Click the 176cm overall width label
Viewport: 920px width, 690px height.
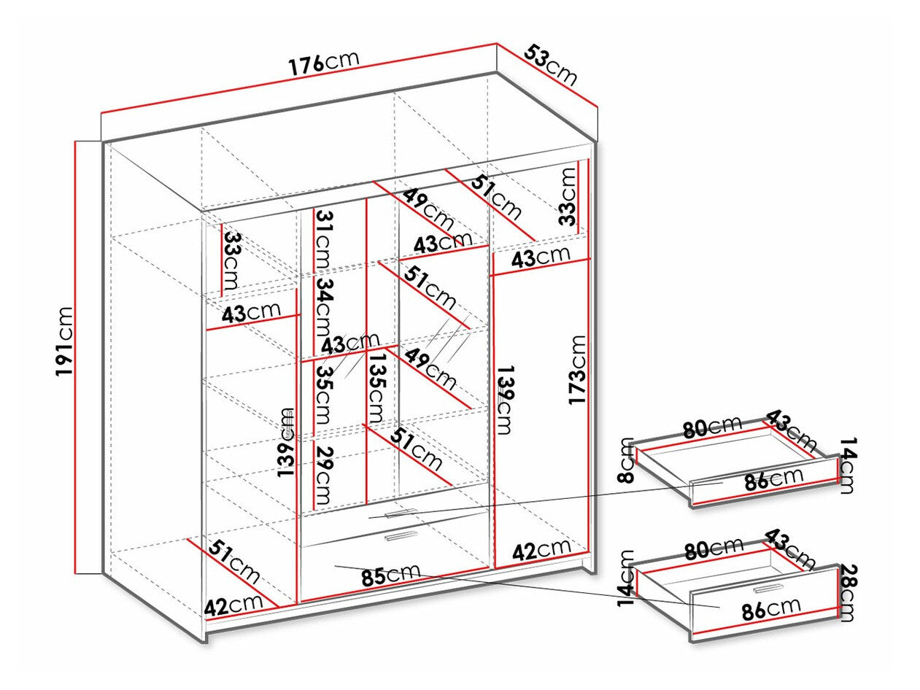pos(323,62)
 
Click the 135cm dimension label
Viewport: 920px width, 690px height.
pos(376,389)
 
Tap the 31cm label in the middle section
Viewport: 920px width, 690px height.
pos(322,240)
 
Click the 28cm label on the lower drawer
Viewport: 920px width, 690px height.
pos(846,592)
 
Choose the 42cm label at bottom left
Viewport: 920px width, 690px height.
pos(233,605)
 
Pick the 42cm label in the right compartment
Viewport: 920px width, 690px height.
pos(541,549)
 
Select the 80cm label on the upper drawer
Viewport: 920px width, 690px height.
pos(711,427)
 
